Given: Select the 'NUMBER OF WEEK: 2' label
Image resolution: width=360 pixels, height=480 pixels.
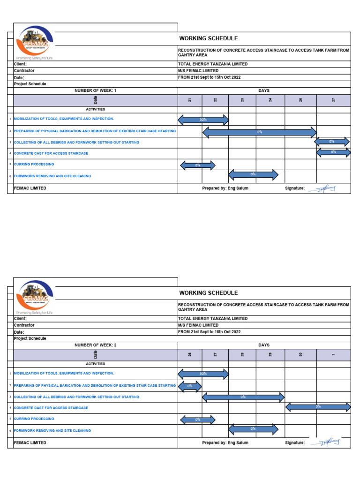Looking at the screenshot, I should tap(96, 345).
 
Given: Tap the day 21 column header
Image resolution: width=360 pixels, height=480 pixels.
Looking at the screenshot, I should tap(190, 100).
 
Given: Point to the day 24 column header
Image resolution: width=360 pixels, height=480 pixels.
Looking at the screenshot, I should tap(270, 100).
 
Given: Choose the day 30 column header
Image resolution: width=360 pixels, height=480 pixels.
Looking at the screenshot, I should tap(300, 355).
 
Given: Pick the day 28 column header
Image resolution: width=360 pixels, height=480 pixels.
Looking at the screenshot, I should tap(242, 355).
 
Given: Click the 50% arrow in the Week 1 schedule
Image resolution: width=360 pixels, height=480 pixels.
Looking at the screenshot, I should tap(203, 120).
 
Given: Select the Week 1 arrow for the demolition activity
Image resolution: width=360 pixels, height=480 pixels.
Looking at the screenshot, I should tap(260, 132).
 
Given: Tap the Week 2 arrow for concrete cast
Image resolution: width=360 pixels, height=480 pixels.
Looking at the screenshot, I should tap(318, 407).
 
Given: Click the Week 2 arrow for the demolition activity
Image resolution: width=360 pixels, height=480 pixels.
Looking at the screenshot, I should tap(190, 386).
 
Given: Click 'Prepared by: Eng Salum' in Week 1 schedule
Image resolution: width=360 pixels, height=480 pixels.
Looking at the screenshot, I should tap(225, 188).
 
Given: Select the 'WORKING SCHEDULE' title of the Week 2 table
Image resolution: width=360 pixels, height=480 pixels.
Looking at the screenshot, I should tap(209, 293).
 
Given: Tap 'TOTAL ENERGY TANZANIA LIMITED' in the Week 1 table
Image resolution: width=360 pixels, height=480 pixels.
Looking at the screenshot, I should tap(213, 64).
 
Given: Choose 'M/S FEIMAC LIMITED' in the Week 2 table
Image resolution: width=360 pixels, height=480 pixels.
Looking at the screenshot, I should tap(198, 325).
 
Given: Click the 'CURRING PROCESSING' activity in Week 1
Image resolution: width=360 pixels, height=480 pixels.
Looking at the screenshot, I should tap(34, 165).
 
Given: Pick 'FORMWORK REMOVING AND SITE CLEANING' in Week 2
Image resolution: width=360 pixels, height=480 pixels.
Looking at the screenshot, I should tap(52, 430).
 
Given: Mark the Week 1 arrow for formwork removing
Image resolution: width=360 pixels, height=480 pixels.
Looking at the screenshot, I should tap(253, 174).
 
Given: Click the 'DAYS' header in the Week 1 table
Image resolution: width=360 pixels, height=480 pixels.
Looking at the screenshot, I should tap(264, 90).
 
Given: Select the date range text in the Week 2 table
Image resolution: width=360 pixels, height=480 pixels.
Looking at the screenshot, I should tap(210, 332).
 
